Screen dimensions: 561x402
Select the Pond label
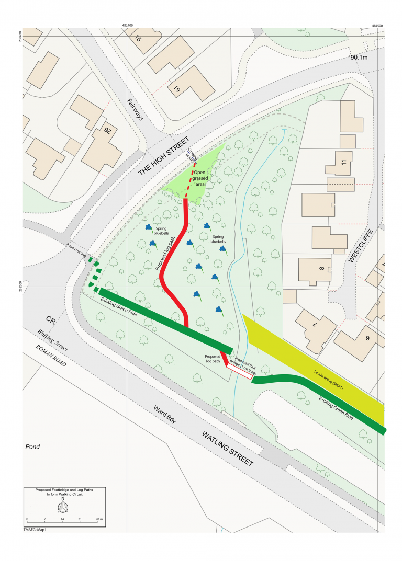pos(32,447)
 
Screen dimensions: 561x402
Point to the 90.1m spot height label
pos(360,58)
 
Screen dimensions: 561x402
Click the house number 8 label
pos(322,269)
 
